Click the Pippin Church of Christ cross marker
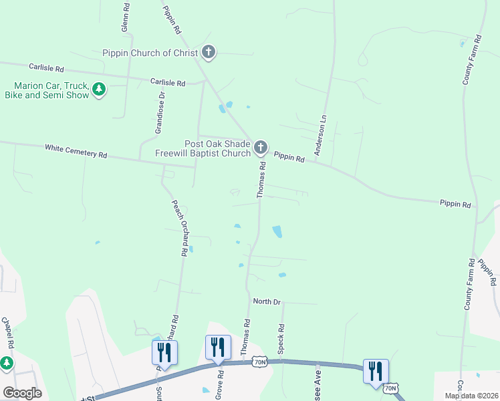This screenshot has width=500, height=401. pos(209,52)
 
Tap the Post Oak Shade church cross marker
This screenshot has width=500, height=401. pos(260,147)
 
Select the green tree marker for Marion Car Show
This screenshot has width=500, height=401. pos(99,90)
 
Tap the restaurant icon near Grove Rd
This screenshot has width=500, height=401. pos(218,347)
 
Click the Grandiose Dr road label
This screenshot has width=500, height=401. pos(160,114)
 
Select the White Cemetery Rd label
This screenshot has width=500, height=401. pos(76,150)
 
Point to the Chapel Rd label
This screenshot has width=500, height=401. pos(8,332)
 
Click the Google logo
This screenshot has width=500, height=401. pos(22,393)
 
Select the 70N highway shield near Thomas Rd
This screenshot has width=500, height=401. pos(261,362)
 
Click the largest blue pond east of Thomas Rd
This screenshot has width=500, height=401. pos(277,232)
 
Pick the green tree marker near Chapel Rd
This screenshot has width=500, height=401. pos(6,363)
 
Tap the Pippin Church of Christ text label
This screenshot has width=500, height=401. pos(150,53)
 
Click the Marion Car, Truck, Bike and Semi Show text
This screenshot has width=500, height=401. pos(51,90)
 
